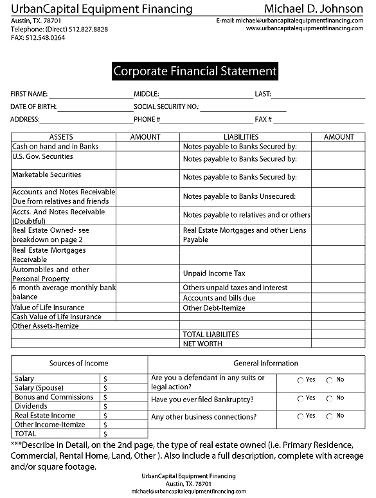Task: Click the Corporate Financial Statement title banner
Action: pos(195,71)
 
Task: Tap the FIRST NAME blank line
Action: pos(90,95)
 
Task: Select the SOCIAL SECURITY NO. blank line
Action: pos(242,107)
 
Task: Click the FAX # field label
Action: pos(264,120)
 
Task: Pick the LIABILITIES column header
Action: pos(241,137)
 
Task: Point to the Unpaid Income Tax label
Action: pos(214,273)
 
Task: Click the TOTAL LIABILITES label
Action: pos(211,335)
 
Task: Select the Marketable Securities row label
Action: pos(46,174)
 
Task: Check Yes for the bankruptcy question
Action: pos(301,399)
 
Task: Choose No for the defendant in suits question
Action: pos(330,380)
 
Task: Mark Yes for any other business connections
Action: pos(301,417)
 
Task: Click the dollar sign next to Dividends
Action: pos(105,407)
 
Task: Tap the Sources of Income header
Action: pos(79,364)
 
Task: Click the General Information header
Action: pos(265,364)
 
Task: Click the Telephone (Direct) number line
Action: pos(60,30)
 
